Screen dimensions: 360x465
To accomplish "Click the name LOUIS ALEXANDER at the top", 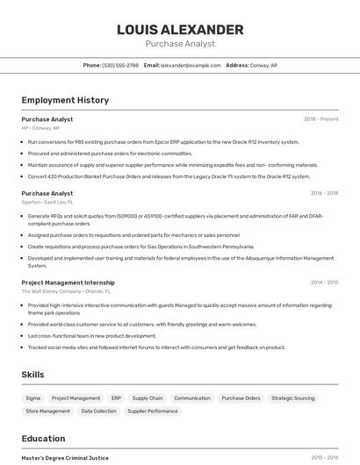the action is pos(180,29).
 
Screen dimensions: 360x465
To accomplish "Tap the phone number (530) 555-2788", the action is pos(120,65).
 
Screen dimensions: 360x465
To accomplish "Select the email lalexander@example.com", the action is pos(191,65).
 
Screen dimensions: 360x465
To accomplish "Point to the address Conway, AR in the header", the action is pos(263,65).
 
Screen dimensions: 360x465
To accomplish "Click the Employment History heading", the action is pos(65,100).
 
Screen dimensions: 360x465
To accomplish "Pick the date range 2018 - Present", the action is pos(320,118).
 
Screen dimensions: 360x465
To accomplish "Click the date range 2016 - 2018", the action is pos(324,193).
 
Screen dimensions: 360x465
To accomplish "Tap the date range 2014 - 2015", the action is pos(324,283).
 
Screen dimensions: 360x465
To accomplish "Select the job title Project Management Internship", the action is pos(68,283).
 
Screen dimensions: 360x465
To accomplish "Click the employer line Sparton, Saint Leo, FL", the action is pos(43,202).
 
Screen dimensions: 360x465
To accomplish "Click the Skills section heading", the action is pos(32,375).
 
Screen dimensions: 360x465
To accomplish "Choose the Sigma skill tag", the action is pos(32,398).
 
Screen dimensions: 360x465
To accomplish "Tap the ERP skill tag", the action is pos(116,398).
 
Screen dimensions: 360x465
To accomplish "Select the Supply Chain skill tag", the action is pos(148,398).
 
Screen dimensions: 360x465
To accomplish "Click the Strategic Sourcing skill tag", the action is pos(292,398).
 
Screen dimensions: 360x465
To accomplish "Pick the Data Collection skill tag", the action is pos(98,411).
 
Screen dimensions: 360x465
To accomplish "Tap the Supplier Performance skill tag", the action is pos(152,411).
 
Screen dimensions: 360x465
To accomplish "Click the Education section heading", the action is pos(43,438).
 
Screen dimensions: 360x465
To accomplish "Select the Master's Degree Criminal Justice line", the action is pos(65,458).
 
